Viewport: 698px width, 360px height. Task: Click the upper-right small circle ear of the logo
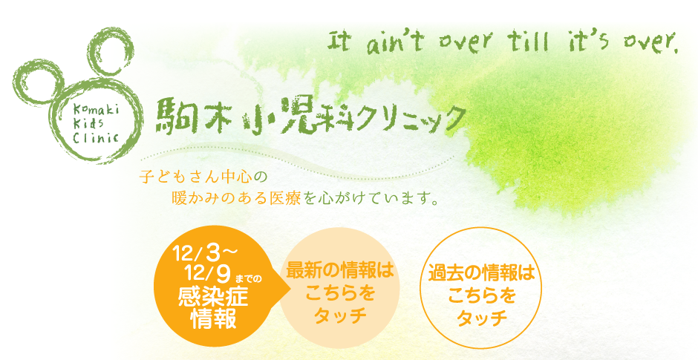111,54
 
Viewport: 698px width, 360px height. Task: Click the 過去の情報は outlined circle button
481,288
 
